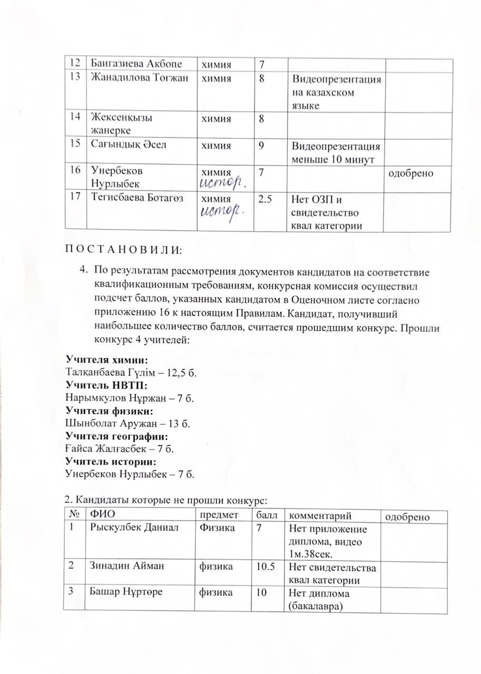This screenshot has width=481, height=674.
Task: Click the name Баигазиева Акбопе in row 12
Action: [136, 64]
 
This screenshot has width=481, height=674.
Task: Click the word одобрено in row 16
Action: [410, 172]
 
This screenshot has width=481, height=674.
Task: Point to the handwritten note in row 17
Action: [220, 212]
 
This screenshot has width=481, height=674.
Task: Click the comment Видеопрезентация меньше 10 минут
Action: [336, 151]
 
